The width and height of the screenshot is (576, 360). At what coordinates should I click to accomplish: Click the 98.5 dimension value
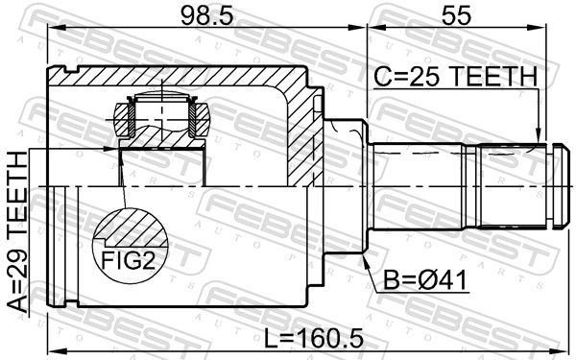click(x=207, y=15)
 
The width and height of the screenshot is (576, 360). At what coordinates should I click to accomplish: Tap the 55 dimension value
click(x=456, y=15)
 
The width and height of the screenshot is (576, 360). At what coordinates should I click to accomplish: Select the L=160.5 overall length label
click(x=314, y=338)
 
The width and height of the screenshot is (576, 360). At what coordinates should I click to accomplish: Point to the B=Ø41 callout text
click(x=424, y=280)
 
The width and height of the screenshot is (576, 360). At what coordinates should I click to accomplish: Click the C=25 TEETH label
click(x=456, y=77)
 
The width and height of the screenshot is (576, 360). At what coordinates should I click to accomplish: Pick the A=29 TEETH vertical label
click(x=17, y=232)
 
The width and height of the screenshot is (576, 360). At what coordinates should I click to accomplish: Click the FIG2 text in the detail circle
click(x=128, y=261)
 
